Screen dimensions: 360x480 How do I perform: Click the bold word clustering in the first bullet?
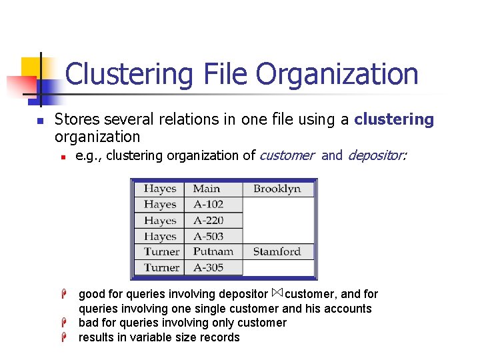pyautogui.click(x=394, y=119)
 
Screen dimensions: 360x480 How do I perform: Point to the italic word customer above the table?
pyautogui.click(x=286, y=155)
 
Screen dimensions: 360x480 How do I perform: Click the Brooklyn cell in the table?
pyautogui.click(x=277, y=189)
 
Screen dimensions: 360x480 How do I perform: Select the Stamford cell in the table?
pyautogui.click(x=277, y=251)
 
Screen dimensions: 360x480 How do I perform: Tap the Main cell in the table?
pyautogui.click(x=207, y=189)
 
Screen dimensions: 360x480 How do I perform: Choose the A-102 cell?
pyautogui.click(x=208, y=205)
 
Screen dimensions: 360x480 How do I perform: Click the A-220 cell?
pyautogui.click(x=208, y=221)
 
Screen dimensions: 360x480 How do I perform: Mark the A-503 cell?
pyautogui.click(x=208, y=236)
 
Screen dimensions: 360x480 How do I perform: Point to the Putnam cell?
pyautogui.click(x=213, y=251)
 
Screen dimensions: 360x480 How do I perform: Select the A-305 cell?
pyautogui.click(x=208, y=267)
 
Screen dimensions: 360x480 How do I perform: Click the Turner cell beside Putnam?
pyautogui.click(x=161, y=251)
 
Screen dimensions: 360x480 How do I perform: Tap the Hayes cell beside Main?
pyautogui.click(x=160, y=189)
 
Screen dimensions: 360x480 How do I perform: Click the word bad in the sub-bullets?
pyautogui.click(x=88, y=323)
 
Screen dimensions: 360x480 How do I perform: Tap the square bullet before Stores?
pyautogui.click(x=40, y=121)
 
